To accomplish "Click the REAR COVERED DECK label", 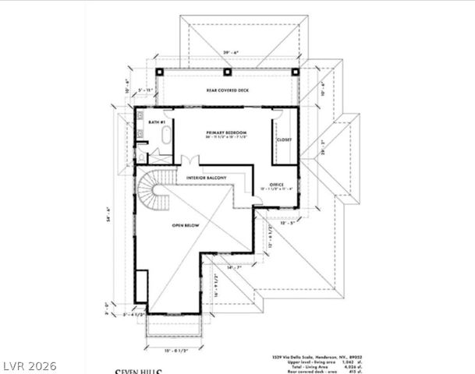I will tap(227, 91).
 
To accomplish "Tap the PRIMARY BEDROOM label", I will tap(226, 132).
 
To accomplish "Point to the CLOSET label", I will tap(284, 139).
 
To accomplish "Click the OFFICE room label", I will tap(276, 185).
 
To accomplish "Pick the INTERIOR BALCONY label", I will tap(206, 178).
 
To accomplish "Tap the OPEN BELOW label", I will tap(186, 225).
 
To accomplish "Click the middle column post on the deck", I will tap(227, 72).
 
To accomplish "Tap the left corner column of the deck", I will tap(159, 72).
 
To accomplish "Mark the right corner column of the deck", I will tap(296, 72).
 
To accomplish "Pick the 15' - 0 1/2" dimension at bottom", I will tap(175, 348).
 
